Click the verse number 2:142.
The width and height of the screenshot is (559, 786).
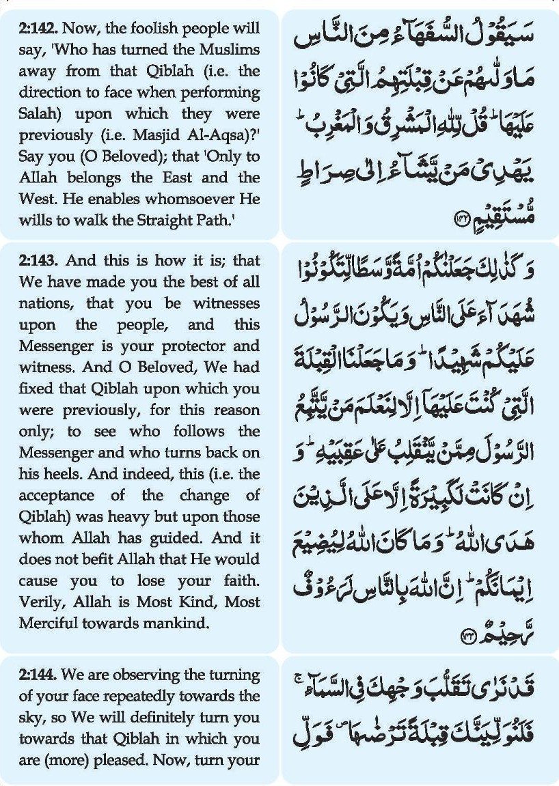[38, 30]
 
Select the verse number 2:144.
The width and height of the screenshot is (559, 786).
[38, 675]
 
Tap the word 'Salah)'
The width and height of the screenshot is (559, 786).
[39, 113]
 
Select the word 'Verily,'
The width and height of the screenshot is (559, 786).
[41, 600]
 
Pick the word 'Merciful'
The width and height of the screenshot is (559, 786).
[49, 621]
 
